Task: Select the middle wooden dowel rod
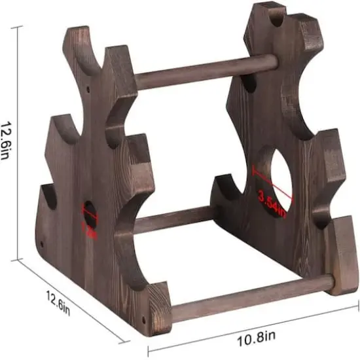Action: pyautogui.click(x=173, y=220)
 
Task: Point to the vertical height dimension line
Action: pyautogui.click(x=22, y=141)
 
